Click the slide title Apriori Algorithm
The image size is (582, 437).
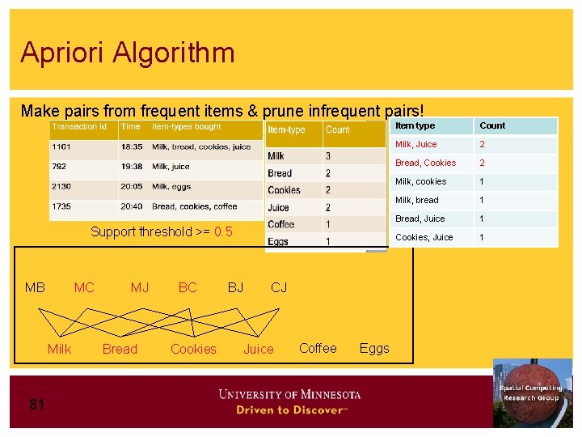coord(128,53)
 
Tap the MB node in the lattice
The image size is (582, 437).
coord(35,287)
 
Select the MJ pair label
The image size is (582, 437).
coord(140,287)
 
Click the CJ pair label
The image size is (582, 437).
coord(279,287)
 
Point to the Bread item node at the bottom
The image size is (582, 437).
coord(120,349)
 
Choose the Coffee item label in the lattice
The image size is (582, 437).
coord(318,348)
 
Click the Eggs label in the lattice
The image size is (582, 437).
coord(374,348)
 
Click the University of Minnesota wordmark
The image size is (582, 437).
coord(289,394)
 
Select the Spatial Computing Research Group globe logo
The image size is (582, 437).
coord(532,392)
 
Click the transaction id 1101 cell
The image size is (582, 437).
coord(62,147)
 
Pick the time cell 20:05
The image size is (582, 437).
coord(132,186)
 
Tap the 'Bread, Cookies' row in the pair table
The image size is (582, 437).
coord(425,163)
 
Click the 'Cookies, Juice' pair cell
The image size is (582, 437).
coord(424,237)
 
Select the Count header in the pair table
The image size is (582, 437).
coord(492,125)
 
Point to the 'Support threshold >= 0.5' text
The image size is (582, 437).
coord(161,232)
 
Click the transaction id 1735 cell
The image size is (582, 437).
coord(62,206)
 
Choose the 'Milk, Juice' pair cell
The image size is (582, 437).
coord(415,144)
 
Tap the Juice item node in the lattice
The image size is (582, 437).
coord(259,349)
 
